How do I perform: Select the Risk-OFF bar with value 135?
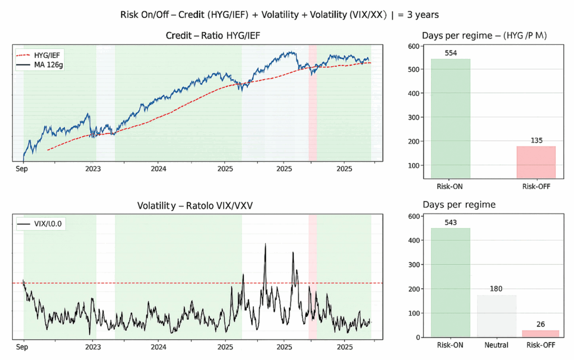coord(535,163)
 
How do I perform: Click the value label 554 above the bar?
coord(450,52)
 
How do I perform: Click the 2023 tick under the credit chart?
coord(93,168)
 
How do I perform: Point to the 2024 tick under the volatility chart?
coord(159,347)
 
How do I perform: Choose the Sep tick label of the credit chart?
coord(22,168)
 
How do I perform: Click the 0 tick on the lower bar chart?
coord(418,338)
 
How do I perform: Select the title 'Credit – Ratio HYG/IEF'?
coord(213,36)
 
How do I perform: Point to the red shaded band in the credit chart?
coord(312,101)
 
